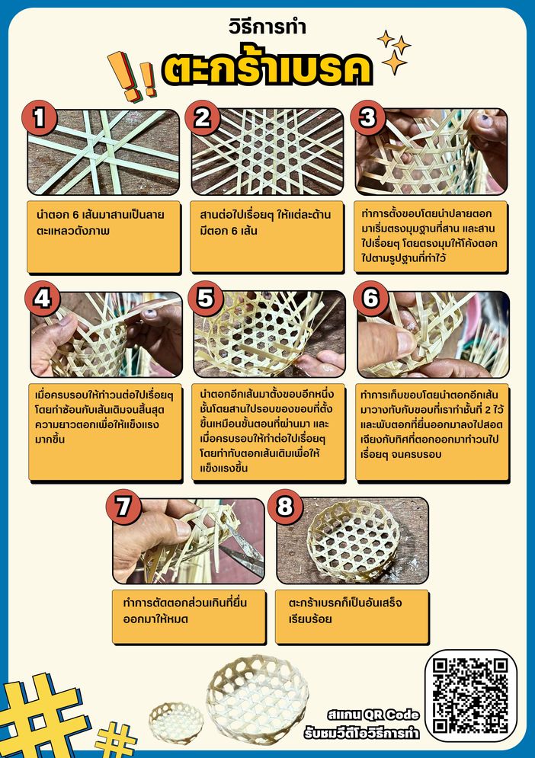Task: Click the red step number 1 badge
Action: tap(39, 117)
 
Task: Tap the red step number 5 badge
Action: tap(206, 298)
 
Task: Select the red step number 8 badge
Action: tap(285, 506)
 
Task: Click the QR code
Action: tap(470, 696)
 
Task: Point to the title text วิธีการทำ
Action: tap(267, 27)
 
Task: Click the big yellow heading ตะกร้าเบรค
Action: tap(267, 69)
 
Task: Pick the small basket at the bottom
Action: tap(176, 723)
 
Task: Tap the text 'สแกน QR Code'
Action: tap(373, 715)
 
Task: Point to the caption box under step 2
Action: tap(267, 236)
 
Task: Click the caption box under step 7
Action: tap(189, 616)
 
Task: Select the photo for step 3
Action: tap(431, 152)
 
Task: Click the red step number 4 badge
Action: tap(42, 298)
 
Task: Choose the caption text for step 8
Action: tap(345, 610)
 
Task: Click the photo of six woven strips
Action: tap(103, 152)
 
